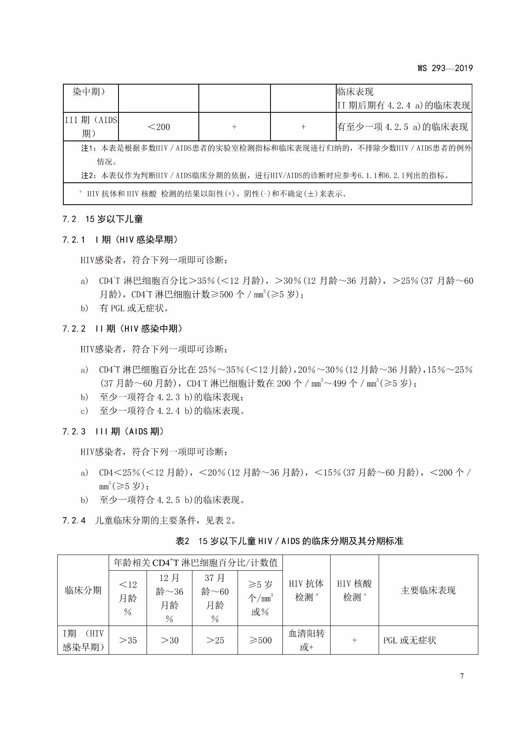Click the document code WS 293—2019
click(445, 68)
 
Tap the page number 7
click(462, 676)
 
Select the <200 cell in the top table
click(159, 127)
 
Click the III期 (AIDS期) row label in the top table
click(91, 127)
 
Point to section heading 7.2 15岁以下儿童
click(103, 219)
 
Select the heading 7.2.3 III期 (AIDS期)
click(113, 432)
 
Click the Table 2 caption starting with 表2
click(289, 541)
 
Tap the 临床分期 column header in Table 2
click(83, 590)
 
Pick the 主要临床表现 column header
click(428, 590)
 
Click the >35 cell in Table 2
click(128, 641)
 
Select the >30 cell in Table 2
click(170, 641)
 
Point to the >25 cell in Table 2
click(215, 641)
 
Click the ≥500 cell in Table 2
click(260, 641)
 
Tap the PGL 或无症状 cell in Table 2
click(410, 641)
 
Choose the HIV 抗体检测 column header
click(306, 591)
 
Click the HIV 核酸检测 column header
click(354, 591)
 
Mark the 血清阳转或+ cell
click(306, 641)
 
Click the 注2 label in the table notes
click(88, 176)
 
